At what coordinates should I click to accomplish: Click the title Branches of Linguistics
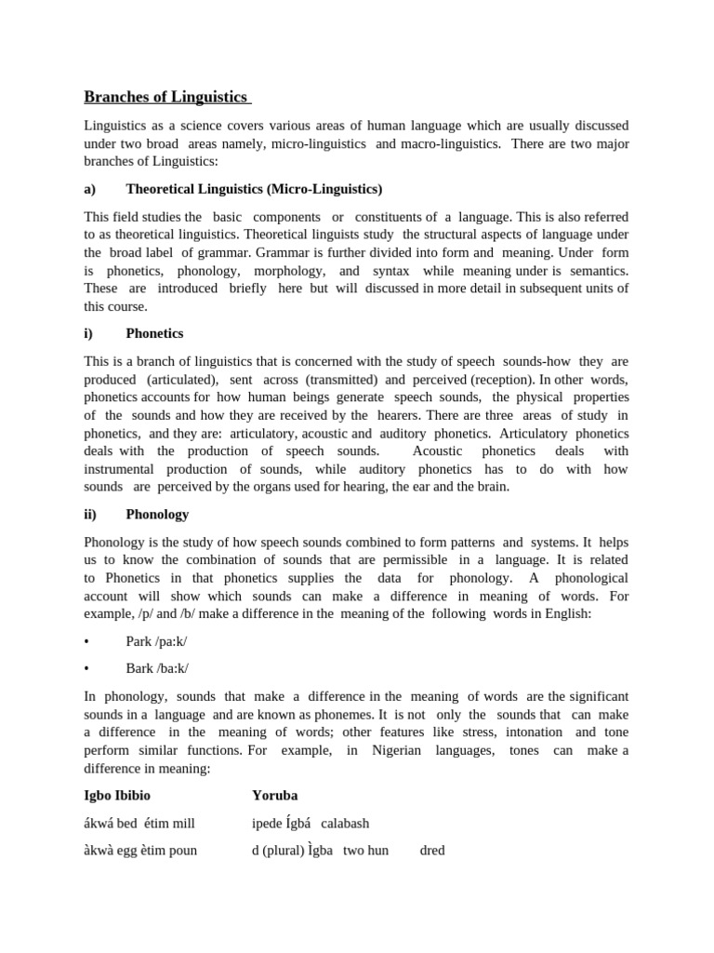pos(166,97)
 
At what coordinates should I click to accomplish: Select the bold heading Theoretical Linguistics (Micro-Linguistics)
pos(254,189)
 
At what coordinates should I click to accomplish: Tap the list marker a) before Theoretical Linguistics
pos(90,189)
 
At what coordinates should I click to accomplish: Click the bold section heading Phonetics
pos(154,333)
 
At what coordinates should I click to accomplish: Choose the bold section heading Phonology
pos(157,514)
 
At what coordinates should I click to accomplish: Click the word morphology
pos(284,270)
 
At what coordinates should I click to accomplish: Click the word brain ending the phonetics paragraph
pos(492,487)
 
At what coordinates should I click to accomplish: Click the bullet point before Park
pos(86,642)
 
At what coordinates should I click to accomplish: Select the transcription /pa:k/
pos(180,642)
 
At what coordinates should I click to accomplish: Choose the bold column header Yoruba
pos(275,796)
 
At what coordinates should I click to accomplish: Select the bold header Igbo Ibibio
pos(117,796)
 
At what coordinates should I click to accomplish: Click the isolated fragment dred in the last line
pos(432,850)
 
